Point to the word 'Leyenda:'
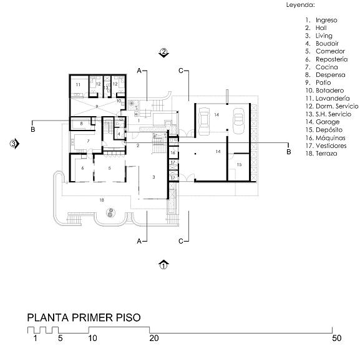[301, 5]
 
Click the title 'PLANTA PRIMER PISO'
[84, 317]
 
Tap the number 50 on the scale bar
[336, 339]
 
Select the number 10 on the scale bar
[93, 339]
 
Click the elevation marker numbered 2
[163, 52]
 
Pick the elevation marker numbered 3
[14, 144]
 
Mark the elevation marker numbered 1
[163, 265]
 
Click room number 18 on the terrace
[102, 200]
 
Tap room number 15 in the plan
[239, 164]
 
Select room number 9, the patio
[97, 107]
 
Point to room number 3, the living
[153, 177]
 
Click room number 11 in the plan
[78, 85]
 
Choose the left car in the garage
[203, 121]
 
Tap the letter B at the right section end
[288, 152]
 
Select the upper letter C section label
[181, 71]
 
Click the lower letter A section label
[139, 241]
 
